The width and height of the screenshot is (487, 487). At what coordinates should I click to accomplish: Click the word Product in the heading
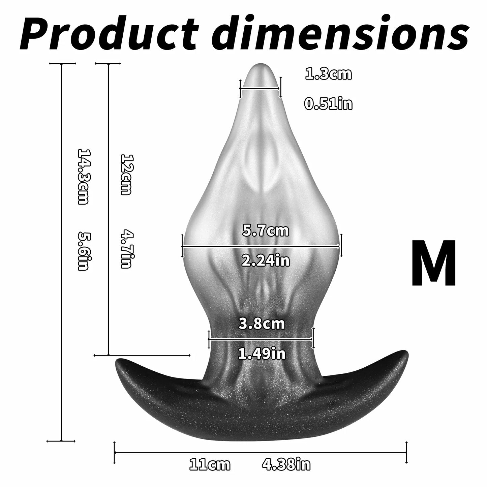point(109,33)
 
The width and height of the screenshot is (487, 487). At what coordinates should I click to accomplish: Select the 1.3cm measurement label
point(328,74)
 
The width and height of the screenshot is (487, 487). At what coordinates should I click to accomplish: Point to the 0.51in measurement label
point(328,104)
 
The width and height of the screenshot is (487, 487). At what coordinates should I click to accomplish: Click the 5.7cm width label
point(265,231)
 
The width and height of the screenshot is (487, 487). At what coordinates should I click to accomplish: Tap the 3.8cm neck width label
point(262,324)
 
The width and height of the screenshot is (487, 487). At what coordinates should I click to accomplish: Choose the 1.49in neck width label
point(262,354)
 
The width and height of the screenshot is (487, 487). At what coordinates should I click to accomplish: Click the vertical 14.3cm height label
point(83,176)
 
